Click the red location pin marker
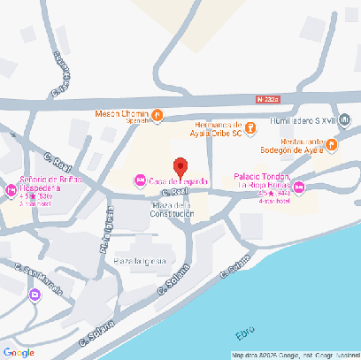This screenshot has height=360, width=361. tap(180, 166)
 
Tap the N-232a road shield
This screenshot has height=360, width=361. tap(271, 99)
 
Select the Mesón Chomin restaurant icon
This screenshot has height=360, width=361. tap(157, 114)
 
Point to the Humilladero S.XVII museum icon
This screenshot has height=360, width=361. tap(345, 119)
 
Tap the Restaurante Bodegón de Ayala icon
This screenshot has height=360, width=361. tap(331, 144)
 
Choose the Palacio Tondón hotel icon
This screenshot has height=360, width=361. tap(299, 187)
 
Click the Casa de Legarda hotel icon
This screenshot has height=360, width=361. tap(139, 181)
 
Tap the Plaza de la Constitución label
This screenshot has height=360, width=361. tap(172, 209)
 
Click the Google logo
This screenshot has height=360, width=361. tap(18, 352)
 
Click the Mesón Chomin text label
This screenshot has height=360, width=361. tap(122, 114)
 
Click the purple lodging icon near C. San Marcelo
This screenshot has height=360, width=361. tap(35, 295)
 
